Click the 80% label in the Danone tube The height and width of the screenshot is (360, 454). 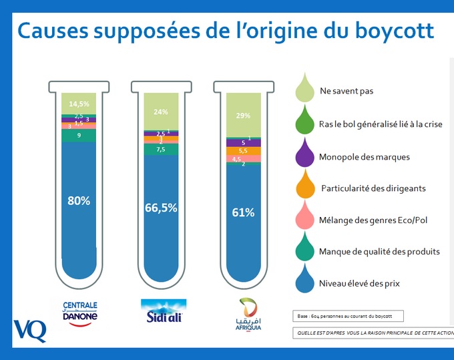(79, 200)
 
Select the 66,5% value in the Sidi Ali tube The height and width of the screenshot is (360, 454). (161, 208)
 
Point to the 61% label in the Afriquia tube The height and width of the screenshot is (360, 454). (243, 212)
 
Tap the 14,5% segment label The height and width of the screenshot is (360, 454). (79, 104)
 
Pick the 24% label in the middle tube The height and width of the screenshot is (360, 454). (161, 112)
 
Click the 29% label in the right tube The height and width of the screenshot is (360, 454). (243, 116)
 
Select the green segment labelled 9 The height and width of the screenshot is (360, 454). (79, 136)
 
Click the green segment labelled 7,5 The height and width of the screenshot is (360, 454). (161, 150)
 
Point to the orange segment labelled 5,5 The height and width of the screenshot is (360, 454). (243, 151)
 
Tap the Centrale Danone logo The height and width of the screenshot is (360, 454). (79, 312)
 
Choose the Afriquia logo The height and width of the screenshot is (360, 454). (243, 314)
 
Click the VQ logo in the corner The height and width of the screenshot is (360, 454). (29, 330)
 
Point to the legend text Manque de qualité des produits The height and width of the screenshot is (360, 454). (379, 251)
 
